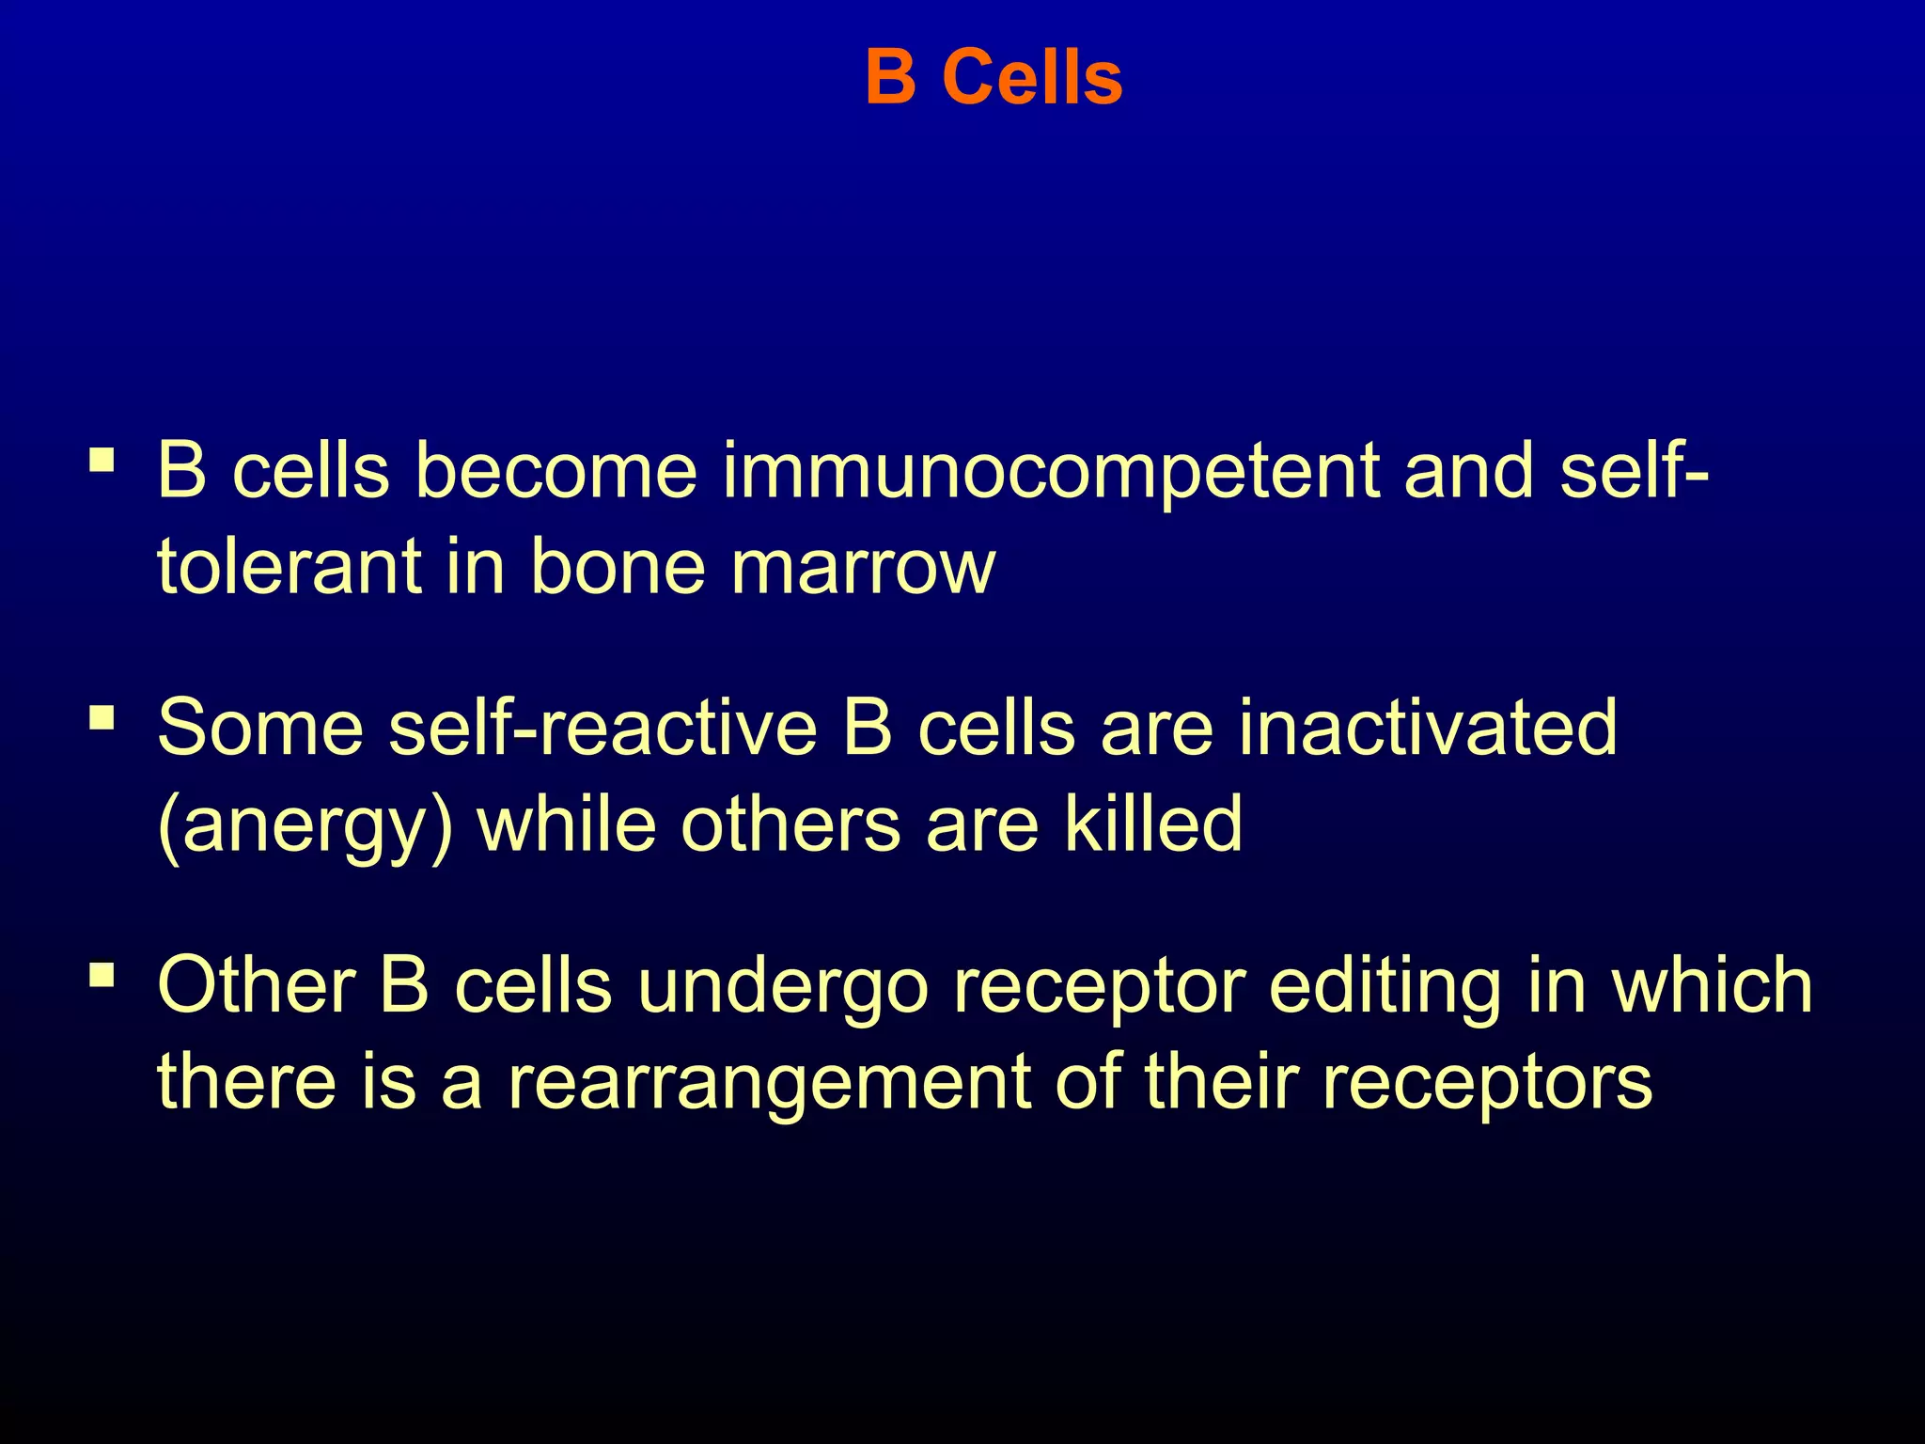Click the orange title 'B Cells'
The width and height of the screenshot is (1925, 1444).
pyautogui.click(x=994, y=77)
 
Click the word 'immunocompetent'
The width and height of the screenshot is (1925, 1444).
pyautogui.click(x=1050, y=472)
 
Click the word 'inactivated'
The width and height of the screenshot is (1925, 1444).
pyautogui.click(x=1428, y=728)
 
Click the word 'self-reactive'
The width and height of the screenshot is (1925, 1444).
pyautogui.click(x=603, y=728)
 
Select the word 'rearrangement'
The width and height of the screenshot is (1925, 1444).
pyautogui.click(x=770, y=1083)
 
